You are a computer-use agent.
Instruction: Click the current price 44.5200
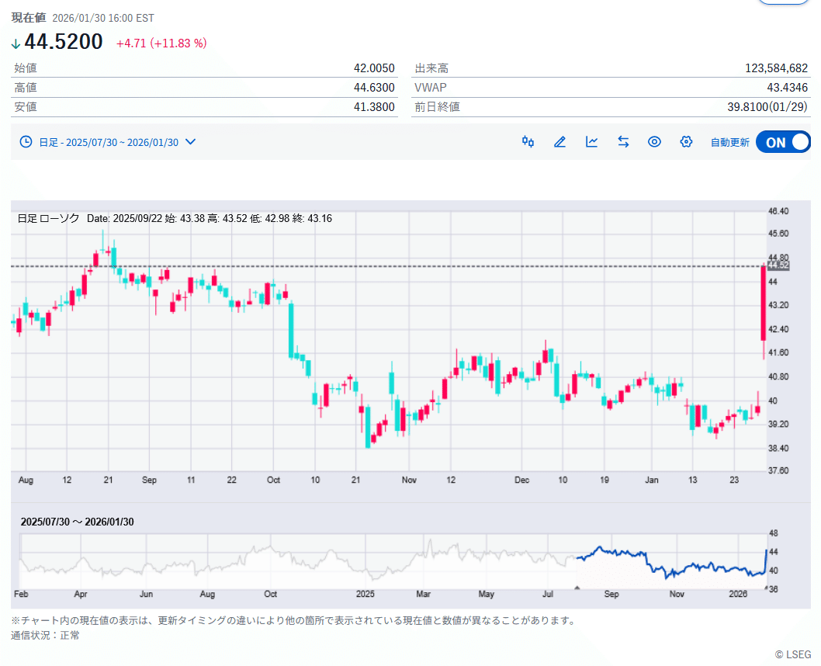coord(64,42)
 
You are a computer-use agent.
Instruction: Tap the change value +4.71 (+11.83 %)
coord(161,43)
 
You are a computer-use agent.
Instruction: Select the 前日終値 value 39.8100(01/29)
coord(765,107)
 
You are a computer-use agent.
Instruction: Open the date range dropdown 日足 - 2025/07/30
coord(108,142)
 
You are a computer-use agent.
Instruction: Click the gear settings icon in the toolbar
coord(686,142)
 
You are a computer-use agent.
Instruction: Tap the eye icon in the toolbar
coord(654,142)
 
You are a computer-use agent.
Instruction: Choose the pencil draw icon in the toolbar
coord(559,142)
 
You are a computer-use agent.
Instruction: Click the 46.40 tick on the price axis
coord(778,211)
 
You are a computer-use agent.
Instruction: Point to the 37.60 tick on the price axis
coord(778,471)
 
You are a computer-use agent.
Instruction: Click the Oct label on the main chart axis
coord(273,480)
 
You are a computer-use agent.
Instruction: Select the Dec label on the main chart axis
coord(522,480)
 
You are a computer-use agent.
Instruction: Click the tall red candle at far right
coord(764,303)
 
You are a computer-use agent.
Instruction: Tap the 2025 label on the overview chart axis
coord(365,595)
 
